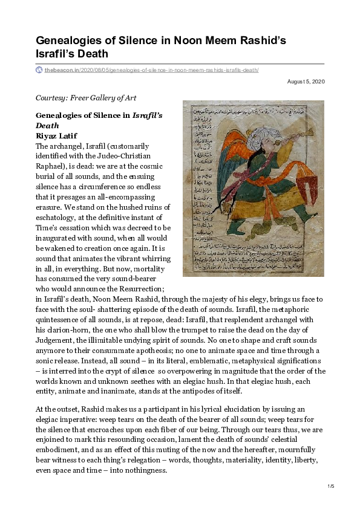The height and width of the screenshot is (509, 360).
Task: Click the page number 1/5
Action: (331, 486)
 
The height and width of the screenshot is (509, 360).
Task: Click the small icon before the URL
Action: (39, 70)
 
